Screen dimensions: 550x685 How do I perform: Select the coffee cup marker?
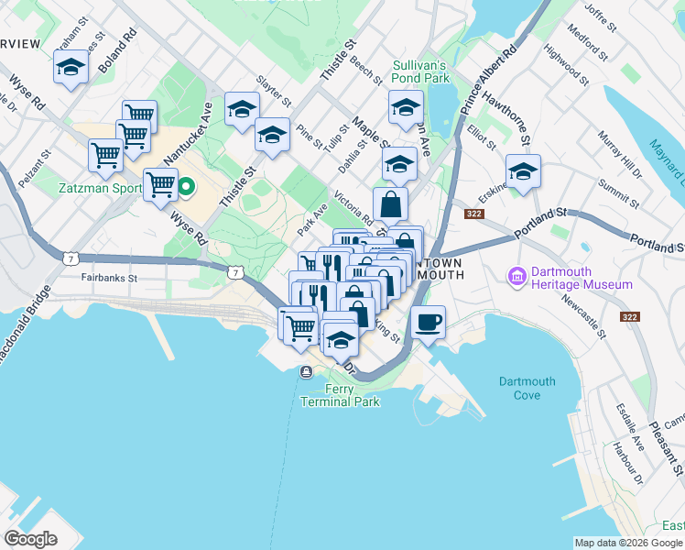click(x=428, y=322)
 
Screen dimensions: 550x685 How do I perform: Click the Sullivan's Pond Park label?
click(x=419, y=71)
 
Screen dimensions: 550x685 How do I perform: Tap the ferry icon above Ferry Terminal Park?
click(x=304, y=371)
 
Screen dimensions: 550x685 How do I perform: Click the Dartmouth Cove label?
click(x=527, y=388)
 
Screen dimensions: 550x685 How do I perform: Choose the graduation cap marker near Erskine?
click(x=523, y=171)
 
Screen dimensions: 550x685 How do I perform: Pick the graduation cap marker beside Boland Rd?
click(x=71, y=67)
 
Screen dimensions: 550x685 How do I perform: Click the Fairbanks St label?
click(x=108, y=277)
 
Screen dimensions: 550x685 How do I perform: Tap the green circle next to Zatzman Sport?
click(x=186, y=190)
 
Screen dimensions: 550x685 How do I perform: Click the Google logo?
click(x=30, y=539)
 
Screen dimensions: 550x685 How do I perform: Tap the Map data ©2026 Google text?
click(x=627, y=543)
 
